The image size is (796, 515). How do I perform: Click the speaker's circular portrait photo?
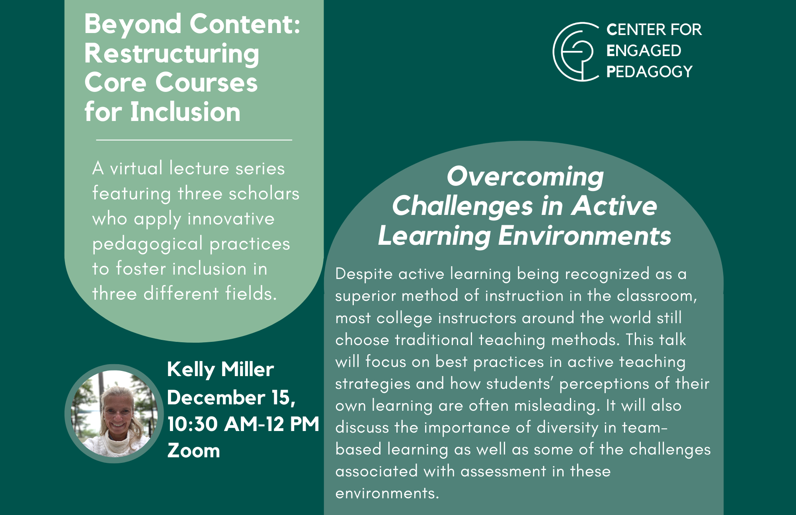point(114,414)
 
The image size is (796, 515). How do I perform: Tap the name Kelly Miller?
point(220,370)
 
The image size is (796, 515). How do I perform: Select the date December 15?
point(231,398)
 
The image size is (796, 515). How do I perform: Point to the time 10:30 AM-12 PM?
point(243,424)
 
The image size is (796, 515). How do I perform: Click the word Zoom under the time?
point(193,451)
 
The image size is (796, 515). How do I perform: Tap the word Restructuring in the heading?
point(172,54)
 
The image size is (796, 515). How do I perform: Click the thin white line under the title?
point(194,140)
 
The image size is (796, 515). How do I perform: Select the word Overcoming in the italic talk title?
point(525,177)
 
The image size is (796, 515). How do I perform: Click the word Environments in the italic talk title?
point(585,236)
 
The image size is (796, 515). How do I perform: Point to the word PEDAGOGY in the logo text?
point(650,72)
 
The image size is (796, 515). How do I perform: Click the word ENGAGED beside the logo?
point(644,51)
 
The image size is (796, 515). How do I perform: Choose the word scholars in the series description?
point(264,193)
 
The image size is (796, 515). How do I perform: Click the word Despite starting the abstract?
point(364,274)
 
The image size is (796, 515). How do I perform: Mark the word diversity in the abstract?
point(568,428)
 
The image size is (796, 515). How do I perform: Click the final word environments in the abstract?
point(387,494)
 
